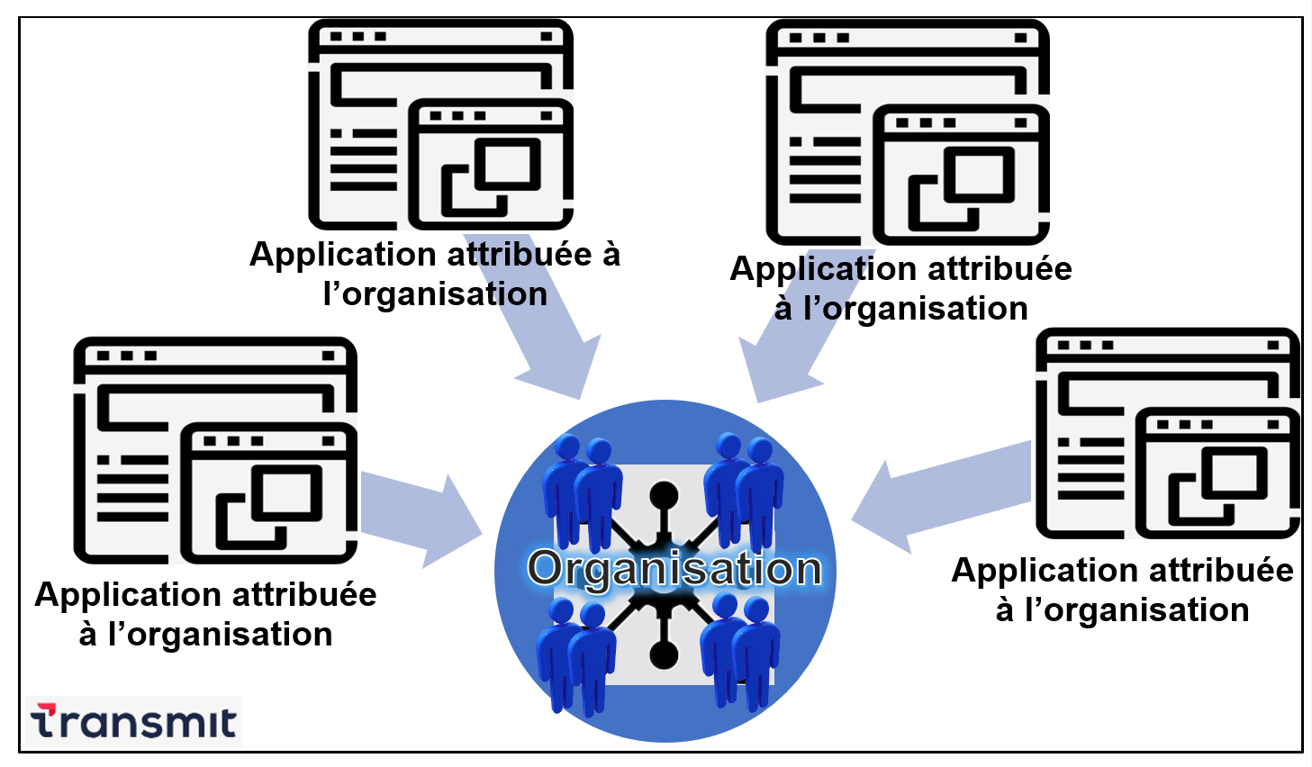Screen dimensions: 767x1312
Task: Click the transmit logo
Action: coord(133,721)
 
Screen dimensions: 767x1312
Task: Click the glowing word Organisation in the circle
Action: coord(674,569)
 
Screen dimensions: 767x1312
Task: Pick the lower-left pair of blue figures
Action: coord(576,653)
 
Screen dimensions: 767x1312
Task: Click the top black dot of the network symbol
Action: coord(664,495)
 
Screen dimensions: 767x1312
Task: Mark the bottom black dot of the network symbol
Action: coord(664,654)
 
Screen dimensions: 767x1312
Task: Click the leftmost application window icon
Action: coord(216,450)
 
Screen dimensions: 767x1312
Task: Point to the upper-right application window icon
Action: coord(908,131)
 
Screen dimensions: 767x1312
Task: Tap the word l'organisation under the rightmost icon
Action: coord(1136,610)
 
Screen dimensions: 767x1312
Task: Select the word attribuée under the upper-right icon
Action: coord(1000,269)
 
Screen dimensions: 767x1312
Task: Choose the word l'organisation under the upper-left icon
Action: coord(435,294)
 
